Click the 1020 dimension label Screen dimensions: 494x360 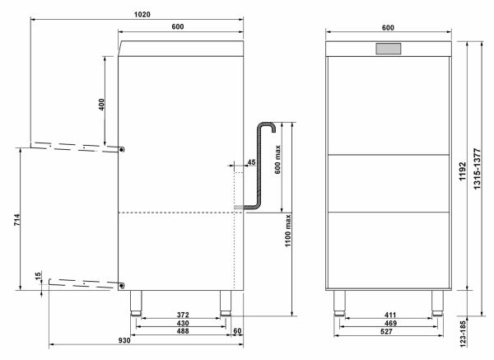[x=142, y=15]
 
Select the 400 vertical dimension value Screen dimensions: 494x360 [x=101, y=105]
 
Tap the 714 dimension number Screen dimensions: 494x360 [x=17, y=220]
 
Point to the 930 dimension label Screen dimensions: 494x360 [x=124, y=340]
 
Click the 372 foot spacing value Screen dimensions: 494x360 [x=183, y=315]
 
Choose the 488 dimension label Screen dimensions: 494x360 [x=183, y=331]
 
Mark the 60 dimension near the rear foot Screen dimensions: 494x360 [x=237, y=331]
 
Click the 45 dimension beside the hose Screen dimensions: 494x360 [x=251, y=162]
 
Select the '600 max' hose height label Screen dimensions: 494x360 [x=277, y=160]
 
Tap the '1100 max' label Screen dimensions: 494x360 [x=288, y=231]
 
